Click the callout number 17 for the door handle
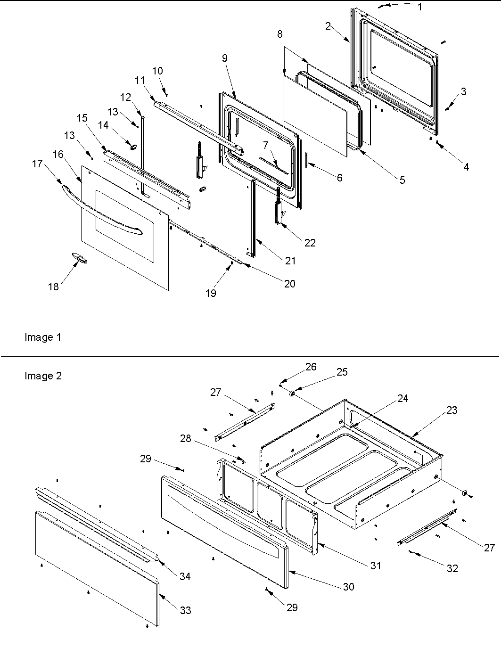tap(37, 164)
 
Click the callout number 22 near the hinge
tap(310, 242)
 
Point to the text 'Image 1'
tap(42, 337)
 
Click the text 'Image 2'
tap(43, 376)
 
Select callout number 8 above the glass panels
tap(280, 34)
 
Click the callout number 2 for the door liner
tap(328, 26)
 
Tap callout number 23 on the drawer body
tap(452, 410)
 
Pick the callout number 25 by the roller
tap(342, 372)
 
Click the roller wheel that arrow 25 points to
tap(292, 393)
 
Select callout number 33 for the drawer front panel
tap(186, 610)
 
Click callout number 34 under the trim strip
tap(185, 576)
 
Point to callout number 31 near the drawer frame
tap(375, 565)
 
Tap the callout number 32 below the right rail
tap(452, 568)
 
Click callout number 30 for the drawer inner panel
tap(349, 587)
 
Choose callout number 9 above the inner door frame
tap(225, 58)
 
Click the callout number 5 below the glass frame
tap(402, 180)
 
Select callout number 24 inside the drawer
tap(402, 398)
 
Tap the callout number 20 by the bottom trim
tap(289, 283)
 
